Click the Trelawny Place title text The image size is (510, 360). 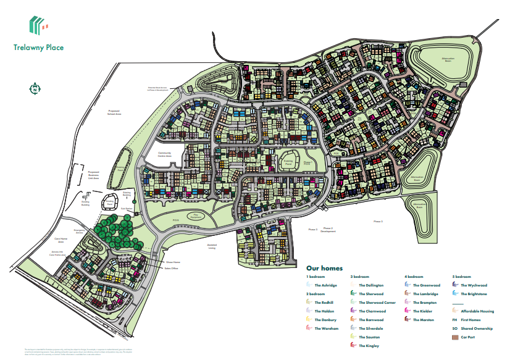tap(38, 47)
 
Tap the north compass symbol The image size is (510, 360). tap(36, 89)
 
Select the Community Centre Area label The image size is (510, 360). tap(164, 154)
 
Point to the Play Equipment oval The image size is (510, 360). tap(196, 217)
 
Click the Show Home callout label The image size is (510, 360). tap(165, 263)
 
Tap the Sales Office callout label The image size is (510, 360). tap(171, 269)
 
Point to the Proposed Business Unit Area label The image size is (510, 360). tap(93, 174)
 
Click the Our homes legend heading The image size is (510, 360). tap(325, 269)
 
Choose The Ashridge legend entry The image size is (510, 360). tap(325, 285)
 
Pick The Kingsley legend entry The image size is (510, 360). tap(369, 346)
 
